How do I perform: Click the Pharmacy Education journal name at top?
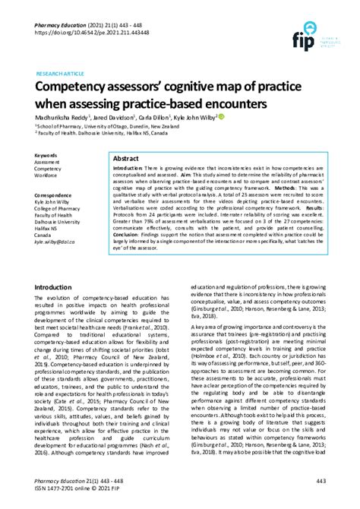(x=60, y=24)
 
